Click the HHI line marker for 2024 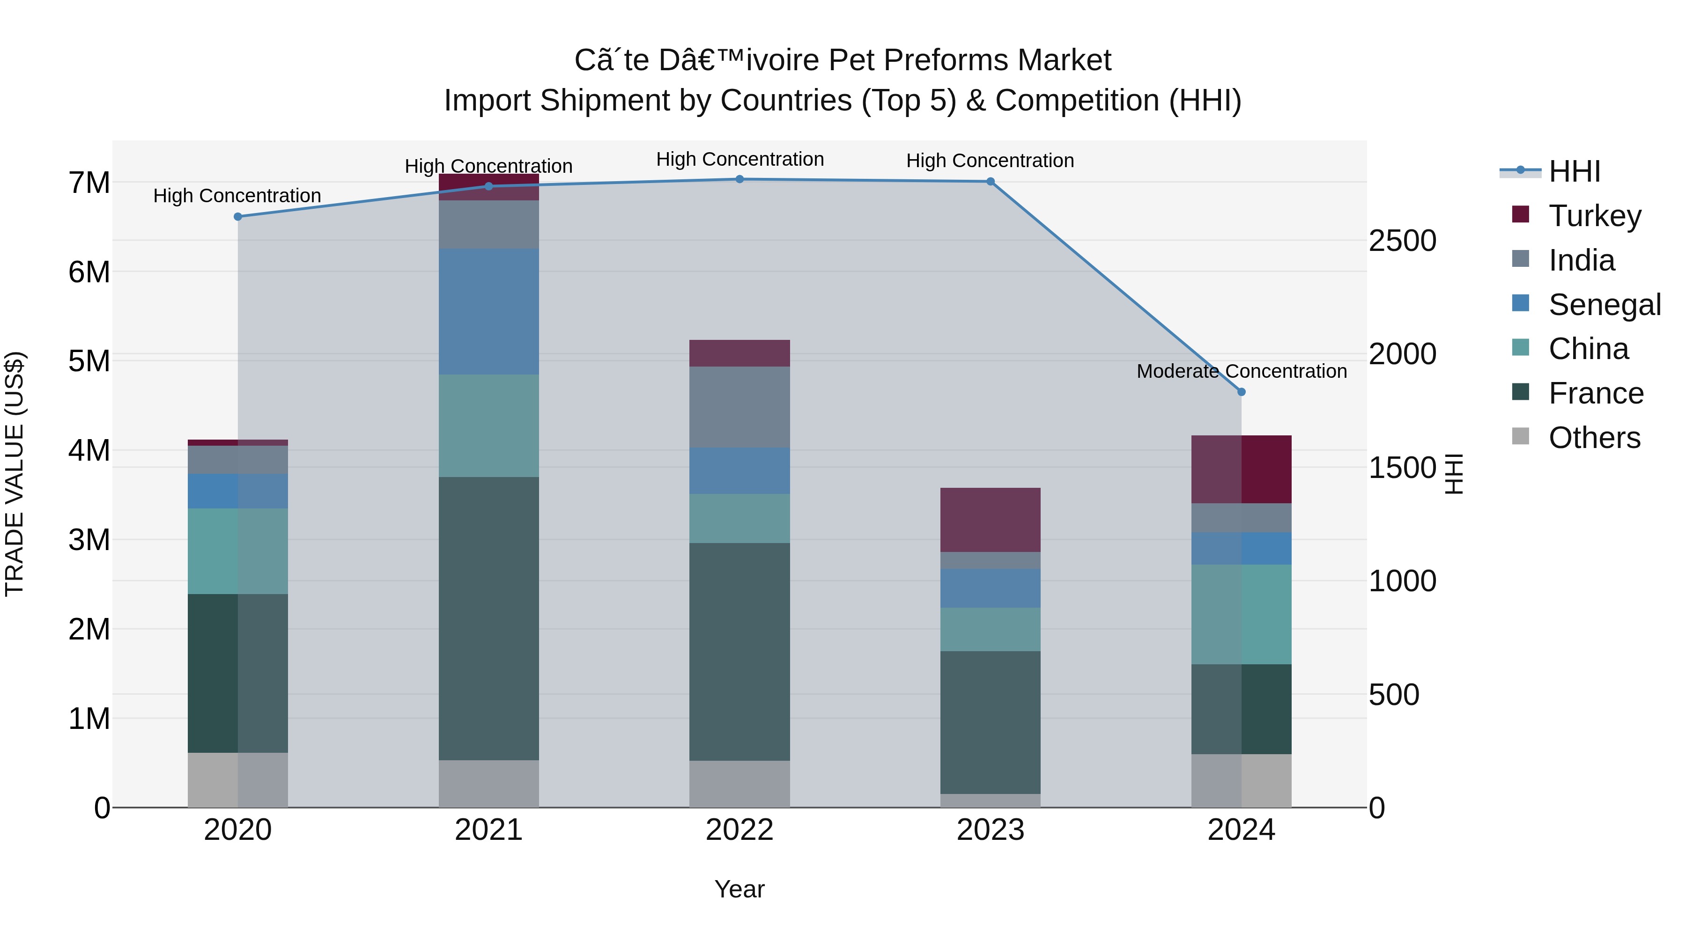(1241, 392)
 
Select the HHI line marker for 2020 (237, 217)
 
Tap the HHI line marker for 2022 (739, 179)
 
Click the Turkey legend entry (1594, 216)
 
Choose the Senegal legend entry (1604, 305)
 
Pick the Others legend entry (1594, 438)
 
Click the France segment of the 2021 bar (488, 618)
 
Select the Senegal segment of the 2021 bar (488, 311)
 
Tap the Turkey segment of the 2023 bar (990, 520)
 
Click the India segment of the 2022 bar (739, 407)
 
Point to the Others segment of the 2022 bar (739, 783)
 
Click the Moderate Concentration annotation (1241, 371)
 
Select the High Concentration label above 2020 (237, 196)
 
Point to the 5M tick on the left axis (89, 361)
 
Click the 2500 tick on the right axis (1402, 241)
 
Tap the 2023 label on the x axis (990, 830)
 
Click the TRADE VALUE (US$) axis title (15, 474)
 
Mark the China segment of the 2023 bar (990, 629)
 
